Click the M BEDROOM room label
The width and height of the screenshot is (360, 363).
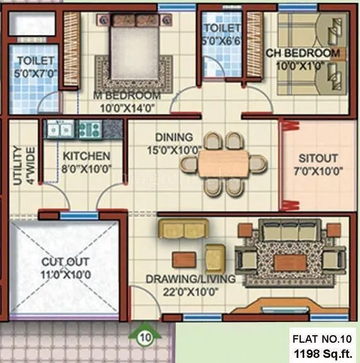point(127,96)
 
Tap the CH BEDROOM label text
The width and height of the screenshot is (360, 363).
point(303,54)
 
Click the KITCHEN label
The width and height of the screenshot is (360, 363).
point(86,156)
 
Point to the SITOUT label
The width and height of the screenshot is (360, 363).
point(317,158)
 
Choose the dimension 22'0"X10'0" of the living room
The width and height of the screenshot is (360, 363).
point(182,291)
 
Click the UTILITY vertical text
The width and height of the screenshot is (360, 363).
point(17,166)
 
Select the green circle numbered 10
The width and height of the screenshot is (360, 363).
point(146,337)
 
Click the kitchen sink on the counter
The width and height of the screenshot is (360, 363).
point(59,130)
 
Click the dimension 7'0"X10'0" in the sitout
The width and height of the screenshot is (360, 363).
point(317,170)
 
